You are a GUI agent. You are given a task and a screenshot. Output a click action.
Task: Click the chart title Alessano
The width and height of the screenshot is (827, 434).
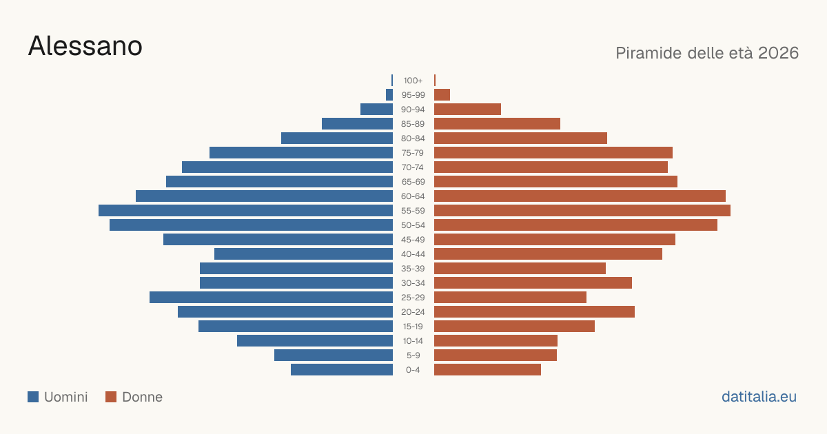pyautogui.click(x=85, y=46)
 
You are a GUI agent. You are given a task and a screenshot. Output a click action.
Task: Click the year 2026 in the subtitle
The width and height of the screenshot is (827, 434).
pyautogui.click(x=778, y=53)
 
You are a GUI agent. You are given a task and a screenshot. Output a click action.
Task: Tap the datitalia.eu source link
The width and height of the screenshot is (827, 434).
pyautogui.click(x=759, y=397)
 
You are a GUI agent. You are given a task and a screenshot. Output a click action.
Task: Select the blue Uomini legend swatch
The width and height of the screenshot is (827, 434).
pyautogui.click(x=33, y=397)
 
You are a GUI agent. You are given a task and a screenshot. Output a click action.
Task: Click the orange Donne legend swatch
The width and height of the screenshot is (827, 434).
pyautogui.click(x=111, y=397)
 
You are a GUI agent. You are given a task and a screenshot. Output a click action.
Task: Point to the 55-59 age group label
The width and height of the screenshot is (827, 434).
pyautogui.click(x=413, y=211)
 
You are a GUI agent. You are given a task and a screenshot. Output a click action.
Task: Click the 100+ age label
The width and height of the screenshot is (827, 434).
pyautogui.click(x=413, y=81)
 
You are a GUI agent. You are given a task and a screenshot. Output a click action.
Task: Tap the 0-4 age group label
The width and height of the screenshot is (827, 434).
pyautogui.click(x=413, y=370)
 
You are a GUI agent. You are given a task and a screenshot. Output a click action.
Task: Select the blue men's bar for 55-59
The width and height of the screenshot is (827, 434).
pyautogui.click(x=245, y=210)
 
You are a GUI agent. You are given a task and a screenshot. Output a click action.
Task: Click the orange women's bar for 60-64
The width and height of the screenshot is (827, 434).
pyautogui.click(x=580, y=196)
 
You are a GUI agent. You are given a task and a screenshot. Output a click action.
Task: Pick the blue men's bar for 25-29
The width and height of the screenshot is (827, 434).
pyautogui.click(x=271, y=297)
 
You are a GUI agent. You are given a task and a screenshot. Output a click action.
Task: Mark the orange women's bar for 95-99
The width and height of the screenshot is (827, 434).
pyautogui.click(x=442, y=95)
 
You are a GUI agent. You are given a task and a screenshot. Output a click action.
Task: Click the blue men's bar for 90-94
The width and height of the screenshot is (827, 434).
pyautogui.click(x=376, y=110)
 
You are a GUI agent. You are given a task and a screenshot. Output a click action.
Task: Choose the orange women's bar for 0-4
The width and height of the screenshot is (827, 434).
pyautogui.click(x=487, y=369)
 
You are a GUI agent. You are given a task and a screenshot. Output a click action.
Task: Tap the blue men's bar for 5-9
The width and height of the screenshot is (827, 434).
pyautogui.click(x=334, y=355)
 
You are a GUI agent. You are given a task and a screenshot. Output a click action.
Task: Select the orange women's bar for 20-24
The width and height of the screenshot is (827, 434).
pyautogui.click(x=534, y=312)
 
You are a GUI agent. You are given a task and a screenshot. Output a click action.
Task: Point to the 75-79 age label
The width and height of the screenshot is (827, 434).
pyautogui.click(x=413, y=153)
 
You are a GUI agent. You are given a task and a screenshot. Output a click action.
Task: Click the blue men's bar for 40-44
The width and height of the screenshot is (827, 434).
pyautogui.click(x=303, y=254)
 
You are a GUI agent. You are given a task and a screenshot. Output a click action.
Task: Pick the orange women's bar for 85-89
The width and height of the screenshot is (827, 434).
pyautogui.click(x=497, y=123)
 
